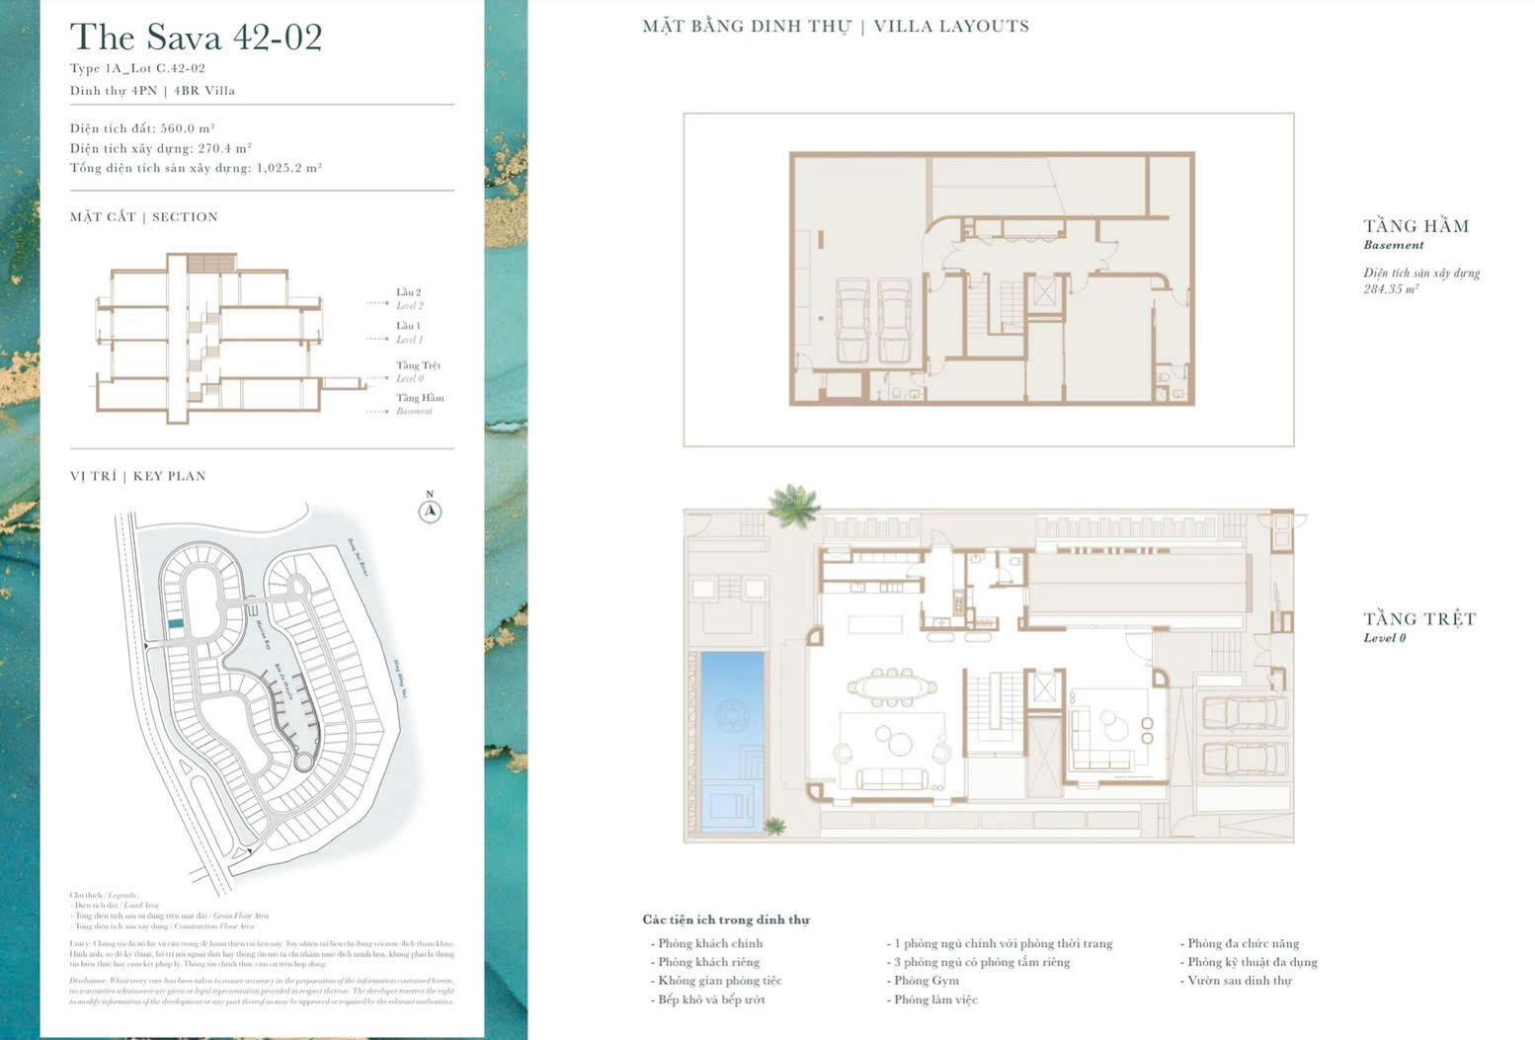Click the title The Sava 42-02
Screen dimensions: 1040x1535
tap(196, 38)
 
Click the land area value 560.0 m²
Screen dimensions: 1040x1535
tap(188, 128)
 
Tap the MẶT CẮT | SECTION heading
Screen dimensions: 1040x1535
tap(144, 217)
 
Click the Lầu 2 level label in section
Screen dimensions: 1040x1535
tap(409, 292)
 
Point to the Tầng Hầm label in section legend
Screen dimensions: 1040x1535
tap(420, 398)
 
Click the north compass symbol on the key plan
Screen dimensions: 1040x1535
tap(430, 511)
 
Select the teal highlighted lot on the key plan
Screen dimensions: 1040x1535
tap(176, 625)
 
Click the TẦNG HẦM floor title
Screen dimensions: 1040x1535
tap(1415, 226)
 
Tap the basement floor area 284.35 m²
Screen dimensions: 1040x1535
tap(1391, 289)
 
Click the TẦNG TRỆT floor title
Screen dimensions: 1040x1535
tap(1419, 619)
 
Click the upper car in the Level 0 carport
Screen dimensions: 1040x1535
tap(1243, 711)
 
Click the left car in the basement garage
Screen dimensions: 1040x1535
tap(851, 321)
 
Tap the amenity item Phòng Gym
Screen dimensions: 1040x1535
tap(926, 981)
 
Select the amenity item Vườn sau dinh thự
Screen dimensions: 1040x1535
tap(1239, 981)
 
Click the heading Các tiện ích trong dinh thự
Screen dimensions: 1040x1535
tap(726, 920)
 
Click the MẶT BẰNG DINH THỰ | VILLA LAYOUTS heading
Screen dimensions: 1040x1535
tap(836, 27)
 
